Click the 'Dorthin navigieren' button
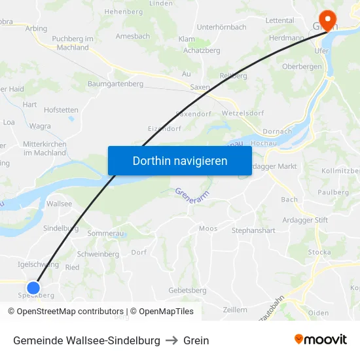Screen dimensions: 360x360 click(180, 160)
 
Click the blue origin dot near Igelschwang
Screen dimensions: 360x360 click(33, 287)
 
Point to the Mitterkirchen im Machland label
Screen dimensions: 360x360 click(45, 148)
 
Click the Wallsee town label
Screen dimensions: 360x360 click(60, 204)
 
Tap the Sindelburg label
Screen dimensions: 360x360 click(60, 228)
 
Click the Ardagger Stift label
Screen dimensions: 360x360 click(305, 221)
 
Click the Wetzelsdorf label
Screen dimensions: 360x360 click(242, 113)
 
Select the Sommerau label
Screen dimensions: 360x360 click(105, 233)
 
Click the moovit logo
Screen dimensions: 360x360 click(320, 340)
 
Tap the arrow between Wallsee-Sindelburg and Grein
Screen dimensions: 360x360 click(171, 340)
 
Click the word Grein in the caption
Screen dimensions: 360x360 click(196, 340)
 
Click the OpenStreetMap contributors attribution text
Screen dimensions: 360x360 click(65, 312)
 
